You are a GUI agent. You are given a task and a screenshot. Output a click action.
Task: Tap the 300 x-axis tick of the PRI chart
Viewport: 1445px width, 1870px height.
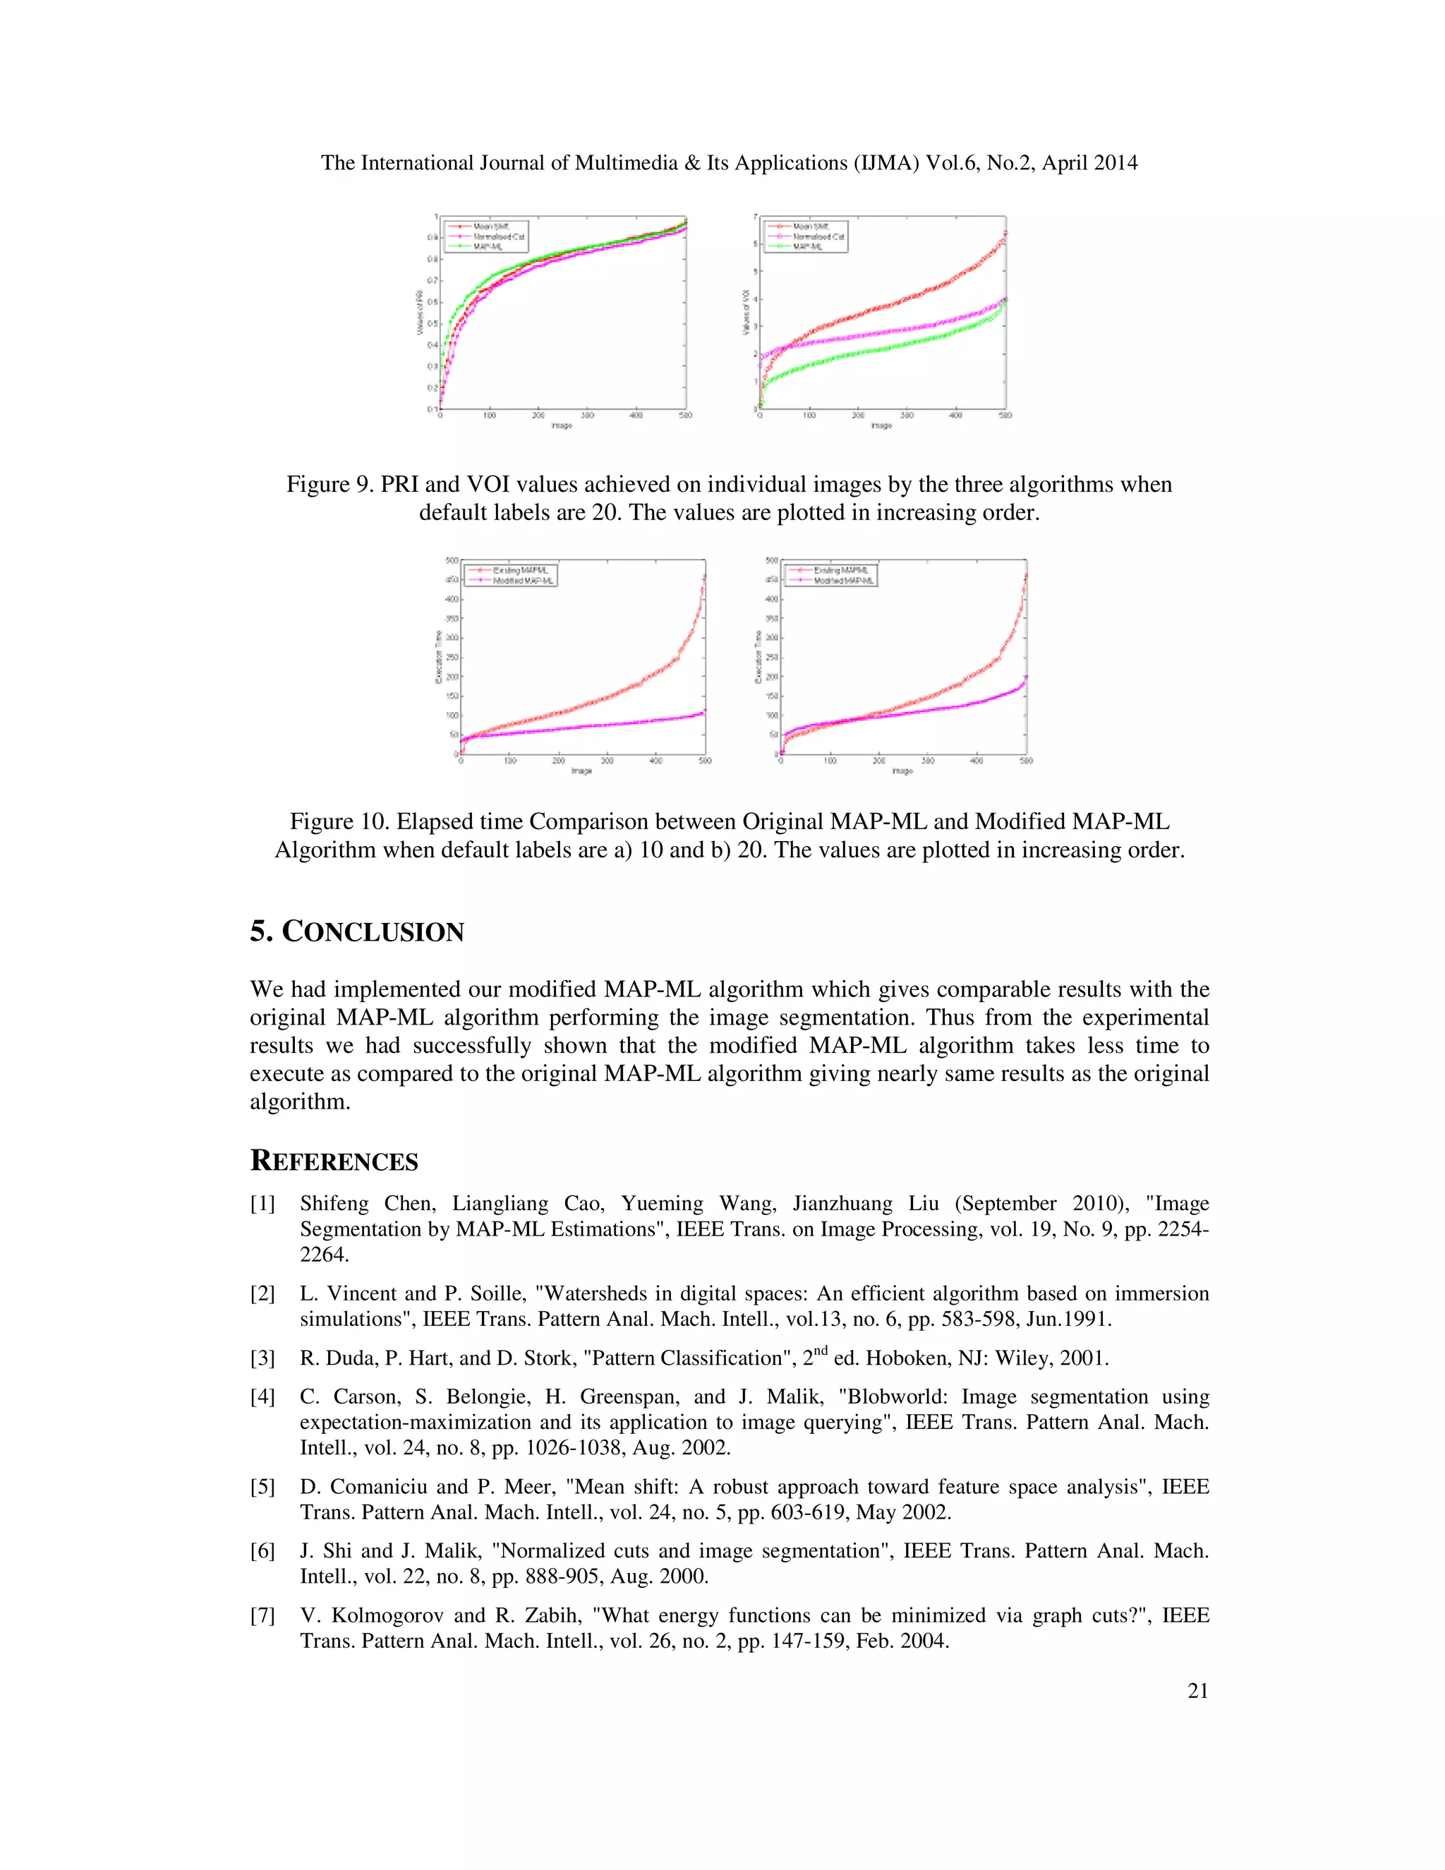point(587,415)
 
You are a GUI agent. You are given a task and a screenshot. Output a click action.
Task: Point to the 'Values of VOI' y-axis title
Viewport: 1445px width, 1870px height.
point(745,312)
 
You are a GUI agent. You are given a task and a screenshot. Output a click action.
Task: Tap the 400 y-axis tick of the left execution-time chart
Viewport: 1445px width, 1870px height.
point(451,598)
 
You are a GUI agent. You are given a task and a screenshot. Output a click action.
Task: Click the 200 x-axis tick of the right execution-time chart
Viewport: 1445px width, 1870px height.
point(879,760)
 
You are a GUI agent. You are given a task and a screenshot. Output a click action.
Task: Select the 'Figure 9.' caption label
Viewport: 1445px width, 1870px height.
point(329,485)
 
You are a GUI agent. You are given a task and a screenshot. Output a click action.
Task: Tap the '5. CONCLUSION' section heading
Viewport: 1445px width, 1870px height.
point(357,931)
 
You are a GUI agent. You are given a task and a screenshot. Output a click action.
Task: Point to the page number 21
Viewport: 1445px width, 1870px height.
point(1197,1691)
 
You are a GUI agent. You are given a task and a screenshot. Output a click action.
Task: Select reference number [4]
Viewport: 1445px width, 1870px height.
point(262,1397)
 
